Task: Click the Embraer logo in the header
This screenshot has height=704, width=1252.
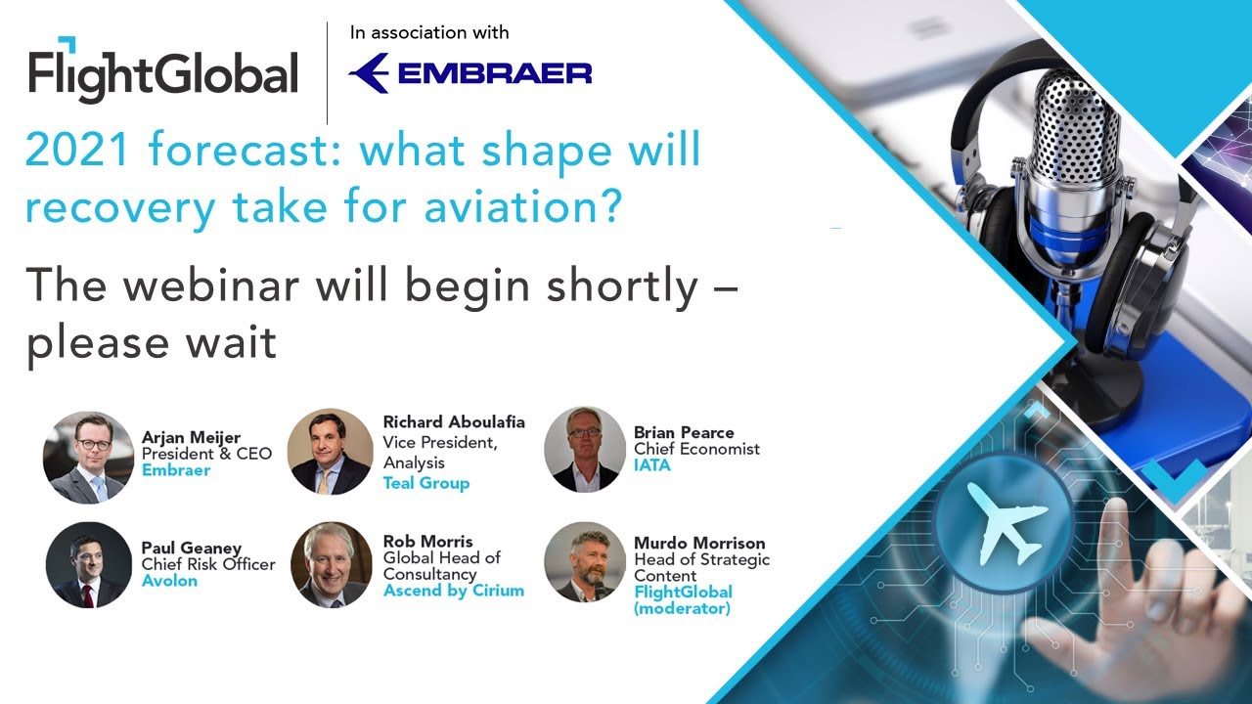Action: tap(470, 74)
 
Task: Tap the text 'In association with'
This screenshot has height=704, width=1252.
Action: tap(429, 32)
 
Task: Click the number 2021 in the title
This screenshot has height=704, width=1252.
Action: tap(79, 152)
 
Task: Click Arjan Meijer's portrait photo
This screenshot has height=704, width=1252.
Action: tap(89, 457)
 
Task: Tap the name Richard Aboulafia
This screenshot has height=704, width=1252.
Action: tap(454, 422)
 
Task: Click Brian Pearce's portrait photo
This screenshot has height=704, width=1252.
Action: tap(585, 449)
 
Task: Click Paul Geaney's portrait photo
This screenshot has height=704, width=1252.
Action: tap(89, 565)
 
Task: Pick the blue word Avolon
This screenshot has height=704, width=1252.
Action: tap(169, 581)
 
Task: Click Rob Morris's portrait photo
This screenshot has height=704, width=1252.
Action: tap(331, 565)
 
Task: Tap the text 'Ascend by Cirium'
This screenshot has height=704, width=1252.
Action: tap(454, 591)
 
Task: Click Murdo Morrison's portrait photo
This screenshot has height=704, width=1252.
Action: tap(585, 561)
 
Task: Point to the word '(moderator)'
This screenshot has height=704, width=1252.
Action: tap(682, 608)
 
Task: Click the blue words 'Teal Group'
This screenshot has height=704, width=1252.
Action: tap(426, 483)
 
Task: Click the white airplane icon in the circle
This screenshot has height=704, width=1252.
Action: tap(1006, 520)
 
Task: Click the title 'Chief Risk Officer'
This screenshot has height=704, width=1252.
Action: tap(208, 564)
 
